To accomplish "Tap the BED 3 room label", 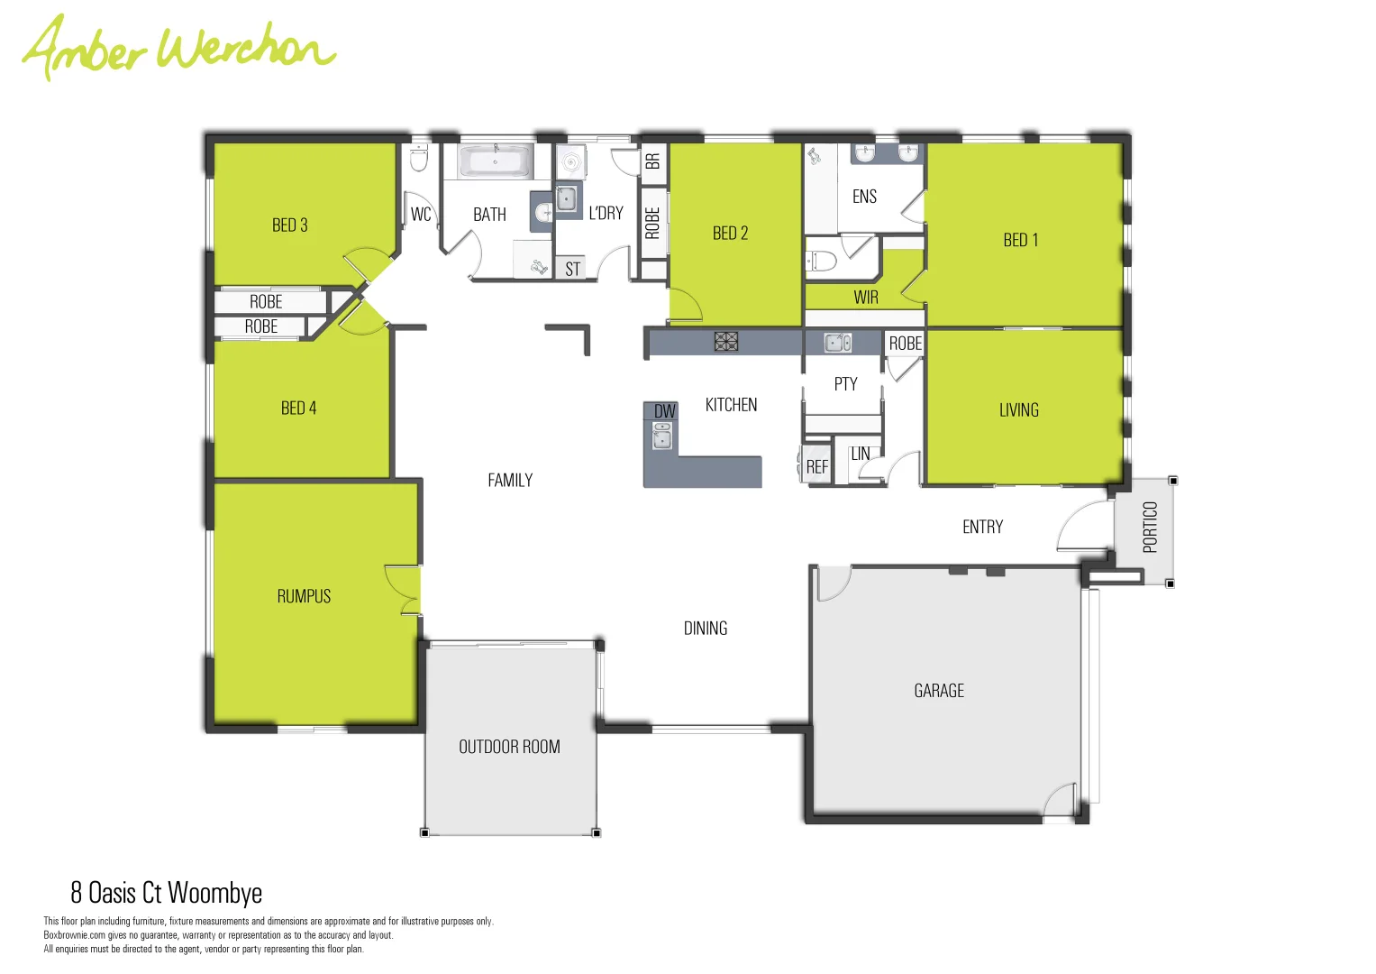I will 289,225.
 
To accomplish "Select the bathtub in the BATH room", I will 495,162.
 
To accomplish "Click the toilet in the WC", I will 419,160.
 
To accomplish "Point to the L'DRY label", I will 606,214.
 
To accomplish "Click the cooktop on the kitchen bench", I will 725,341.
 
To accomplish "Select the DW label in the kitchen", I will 664,411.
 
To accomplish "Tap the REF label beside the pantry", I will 816,467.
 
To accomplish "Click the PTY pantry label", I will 845,384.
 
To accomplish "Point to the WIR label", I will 865,298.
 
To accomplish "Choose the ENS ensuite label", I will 863,197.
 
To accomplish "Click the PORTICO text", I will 1150,527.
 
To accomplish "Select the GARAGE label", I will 938,691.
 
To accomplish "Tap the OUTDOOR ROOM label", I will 509,747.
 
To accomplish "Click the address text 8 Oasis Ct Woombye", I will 167,893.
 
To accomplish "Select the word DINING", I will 705,629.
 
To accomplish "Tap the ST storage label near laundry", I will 572,269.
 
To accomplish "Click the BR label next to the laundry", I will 652,161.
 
